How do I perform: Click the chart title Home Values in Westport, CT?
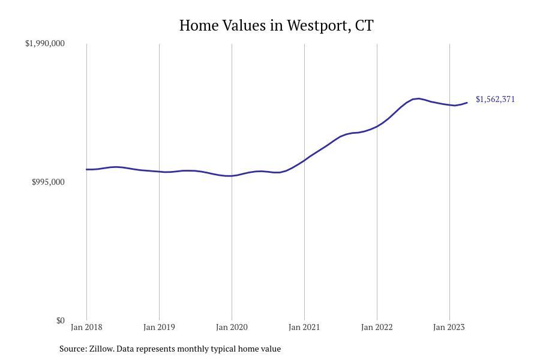point(276,26)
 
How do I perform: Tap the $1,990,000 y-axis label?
point(45,43)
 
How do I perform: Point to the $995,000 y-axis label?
point(48,182)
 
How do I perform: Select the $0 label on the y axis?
point(60,320)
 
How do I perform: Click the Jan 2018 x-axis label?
point(86,327)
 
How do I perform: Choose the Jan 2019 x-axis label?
point(159,327)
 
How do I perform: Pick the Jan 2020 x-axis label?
point(232,327)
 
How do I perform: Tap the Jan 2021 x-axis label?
point(304,327)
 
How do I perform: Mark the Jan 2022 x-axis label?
point(377,327)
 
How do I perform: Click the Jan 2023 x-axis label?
point(449,327)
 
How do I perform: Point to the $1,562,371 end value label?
point(495,99)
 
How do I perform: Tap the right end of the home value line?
point(467,103)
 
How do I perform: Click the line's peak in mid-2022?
point(418,98)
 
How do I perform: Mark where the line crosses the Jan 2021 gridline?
point(304,160)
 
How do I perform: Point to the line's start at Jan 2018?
point(86,169)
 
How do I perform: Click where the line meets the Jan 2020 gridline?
point(232,176)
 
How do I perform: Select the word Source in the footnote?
point(72,349)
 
